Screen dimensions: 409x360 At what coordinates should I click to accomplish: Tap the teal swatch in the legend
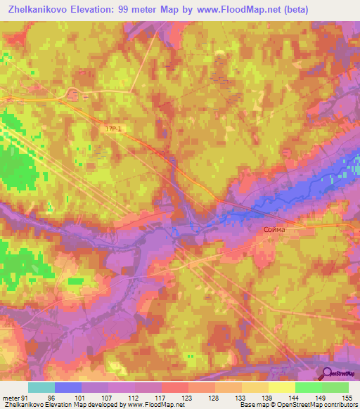(41, 387)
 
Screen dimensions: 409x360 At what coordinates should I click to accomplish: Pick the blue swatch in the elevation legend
(68, 387)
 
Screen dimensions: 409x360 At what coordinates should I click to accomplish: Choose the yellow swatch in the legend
(281, 387)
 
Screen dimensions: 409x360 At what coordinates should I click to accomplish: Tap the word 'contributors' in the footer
(340, 405)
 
